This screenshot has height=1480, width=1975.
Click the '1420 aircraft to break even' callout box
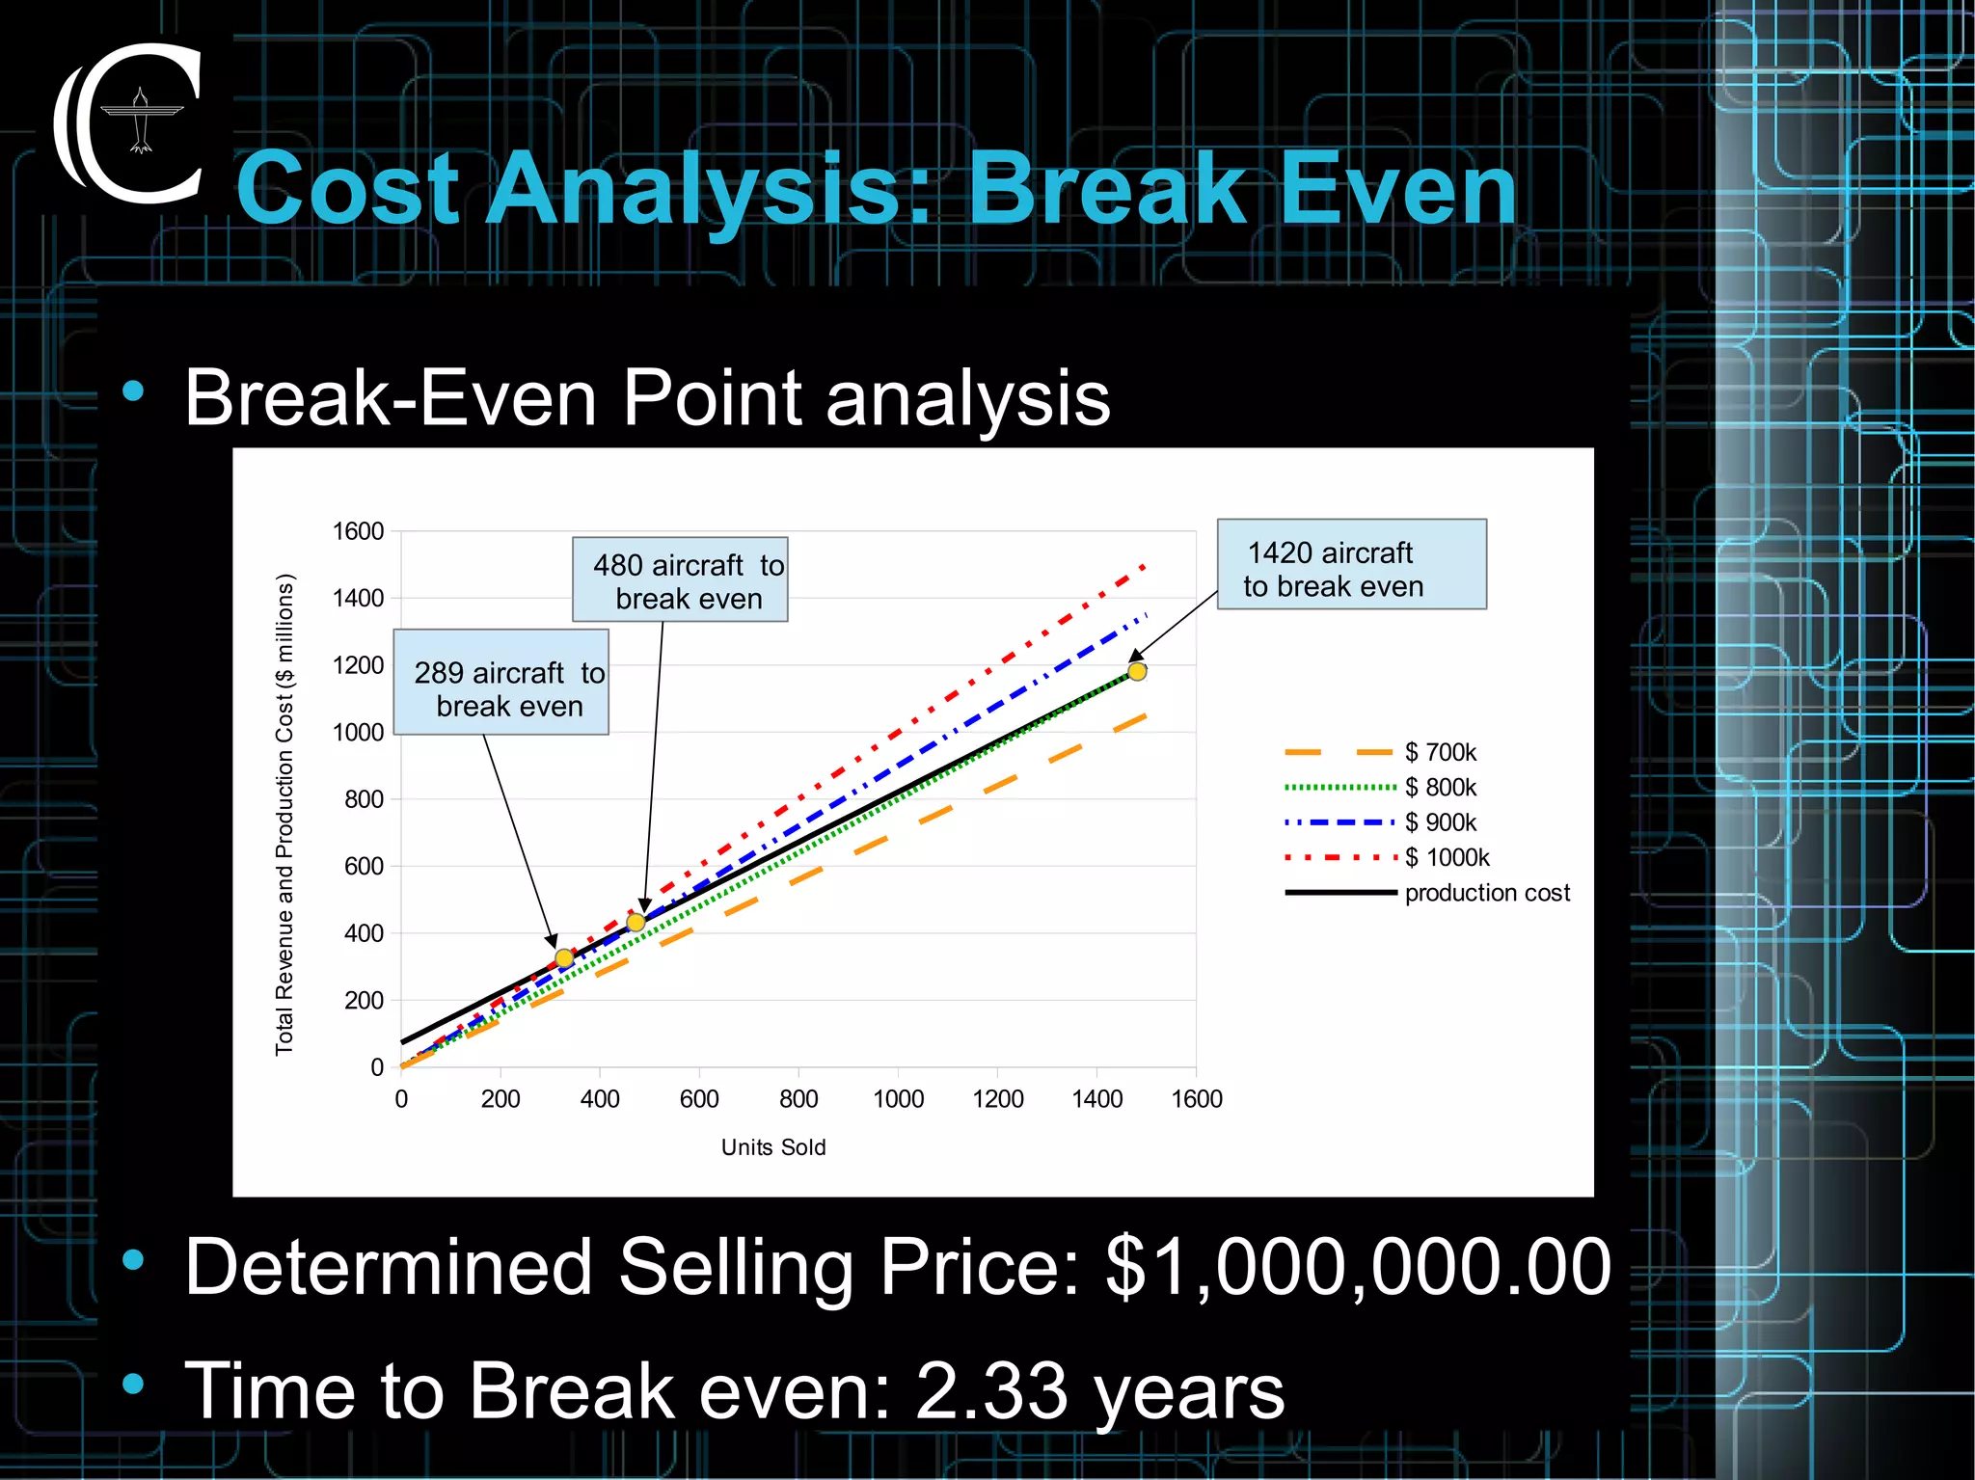[1351, 565]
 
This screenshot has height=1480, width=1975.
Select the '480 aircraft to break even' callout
[680, 580]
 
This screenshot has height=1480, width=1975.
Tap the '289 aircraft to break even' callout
[501, 684]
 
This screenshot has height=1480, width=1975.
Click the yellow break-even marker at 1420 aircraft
[1137, 672]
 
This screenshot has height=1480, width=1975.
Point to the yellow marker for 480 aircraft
[636, 923]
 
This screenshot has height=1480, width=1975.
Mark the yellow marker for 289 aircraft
[564, 957]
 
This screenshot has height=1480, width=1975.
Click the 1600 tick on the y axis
[358, 531]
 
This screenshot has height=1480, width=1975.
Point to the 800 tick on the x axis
[798, 1099]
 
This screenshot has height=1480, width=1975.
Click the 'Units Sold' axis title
[773, 1147]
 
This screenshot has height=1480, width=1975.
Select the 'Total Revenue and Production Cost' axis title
[284, 815]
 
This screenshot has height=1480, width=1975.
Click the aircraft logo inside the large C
[142, 121]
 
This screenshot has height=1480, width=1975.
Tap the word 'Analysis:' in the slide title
[709, 190]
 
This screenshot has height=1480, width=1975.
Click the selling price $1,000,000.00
[1358, 1266]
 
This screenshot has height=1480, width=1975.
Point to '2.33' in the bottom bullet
[991, 1391]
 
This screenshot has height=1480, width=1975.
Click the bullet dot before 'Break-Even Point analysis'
[133, 391]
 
